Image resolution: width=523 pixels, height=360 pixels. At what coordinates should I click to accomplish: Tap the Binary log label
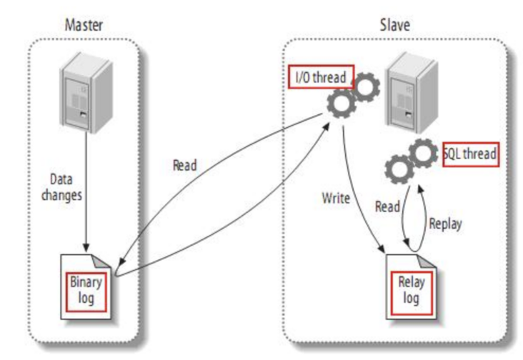coord(86,289)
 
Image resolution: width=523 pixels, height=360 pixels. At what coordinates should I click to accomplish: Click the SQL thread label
coord(470,154)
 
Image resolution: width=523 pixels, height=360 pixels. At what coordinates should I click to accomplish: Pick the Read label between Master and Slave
coord(186,164)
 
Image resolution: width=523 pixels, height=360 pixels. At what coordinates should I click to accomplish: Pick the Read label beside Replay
coord(388,206)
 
